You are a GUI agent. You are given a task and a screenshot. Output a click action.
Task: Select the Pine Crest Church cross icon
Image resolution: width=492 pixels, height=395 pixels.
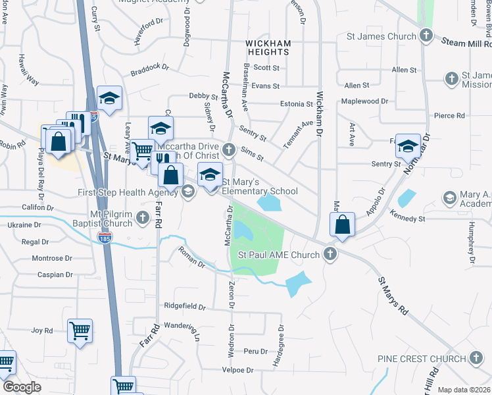click(476, 359)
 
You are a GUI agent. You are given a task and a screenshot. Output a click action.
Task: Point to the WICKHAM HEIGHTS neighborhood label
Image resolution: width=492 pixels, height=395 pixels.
click(268, 48)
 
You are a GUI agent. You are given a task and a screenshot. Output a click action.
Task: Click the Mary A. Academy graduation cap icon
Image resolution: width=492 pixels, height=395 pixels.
click(450, 197)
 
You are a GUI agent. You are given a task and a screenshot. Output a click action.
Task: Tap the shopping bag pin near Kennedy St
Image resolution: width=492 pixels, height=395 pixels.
click(343, 224)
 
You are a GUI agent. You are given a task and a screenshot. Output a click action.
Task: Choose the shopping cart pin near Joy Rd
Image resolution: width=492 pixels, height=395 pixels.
click(80, 330)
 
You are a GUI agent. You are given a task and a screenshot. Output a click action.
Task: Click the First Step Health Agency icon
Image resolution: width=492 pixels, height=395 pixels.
click(188, 192)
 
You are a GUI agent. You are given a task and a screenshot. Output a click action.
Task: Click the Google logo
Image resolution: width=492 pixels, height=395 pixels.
click(22, 387)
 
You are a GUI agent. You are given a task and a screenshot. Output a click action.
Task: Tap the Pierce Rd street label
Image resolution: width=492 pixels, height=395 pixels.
click(449, 115)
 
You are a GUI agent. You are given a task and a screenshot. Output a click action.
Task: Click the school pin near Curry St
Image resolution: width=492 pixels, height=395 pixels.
click(109, 99)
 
